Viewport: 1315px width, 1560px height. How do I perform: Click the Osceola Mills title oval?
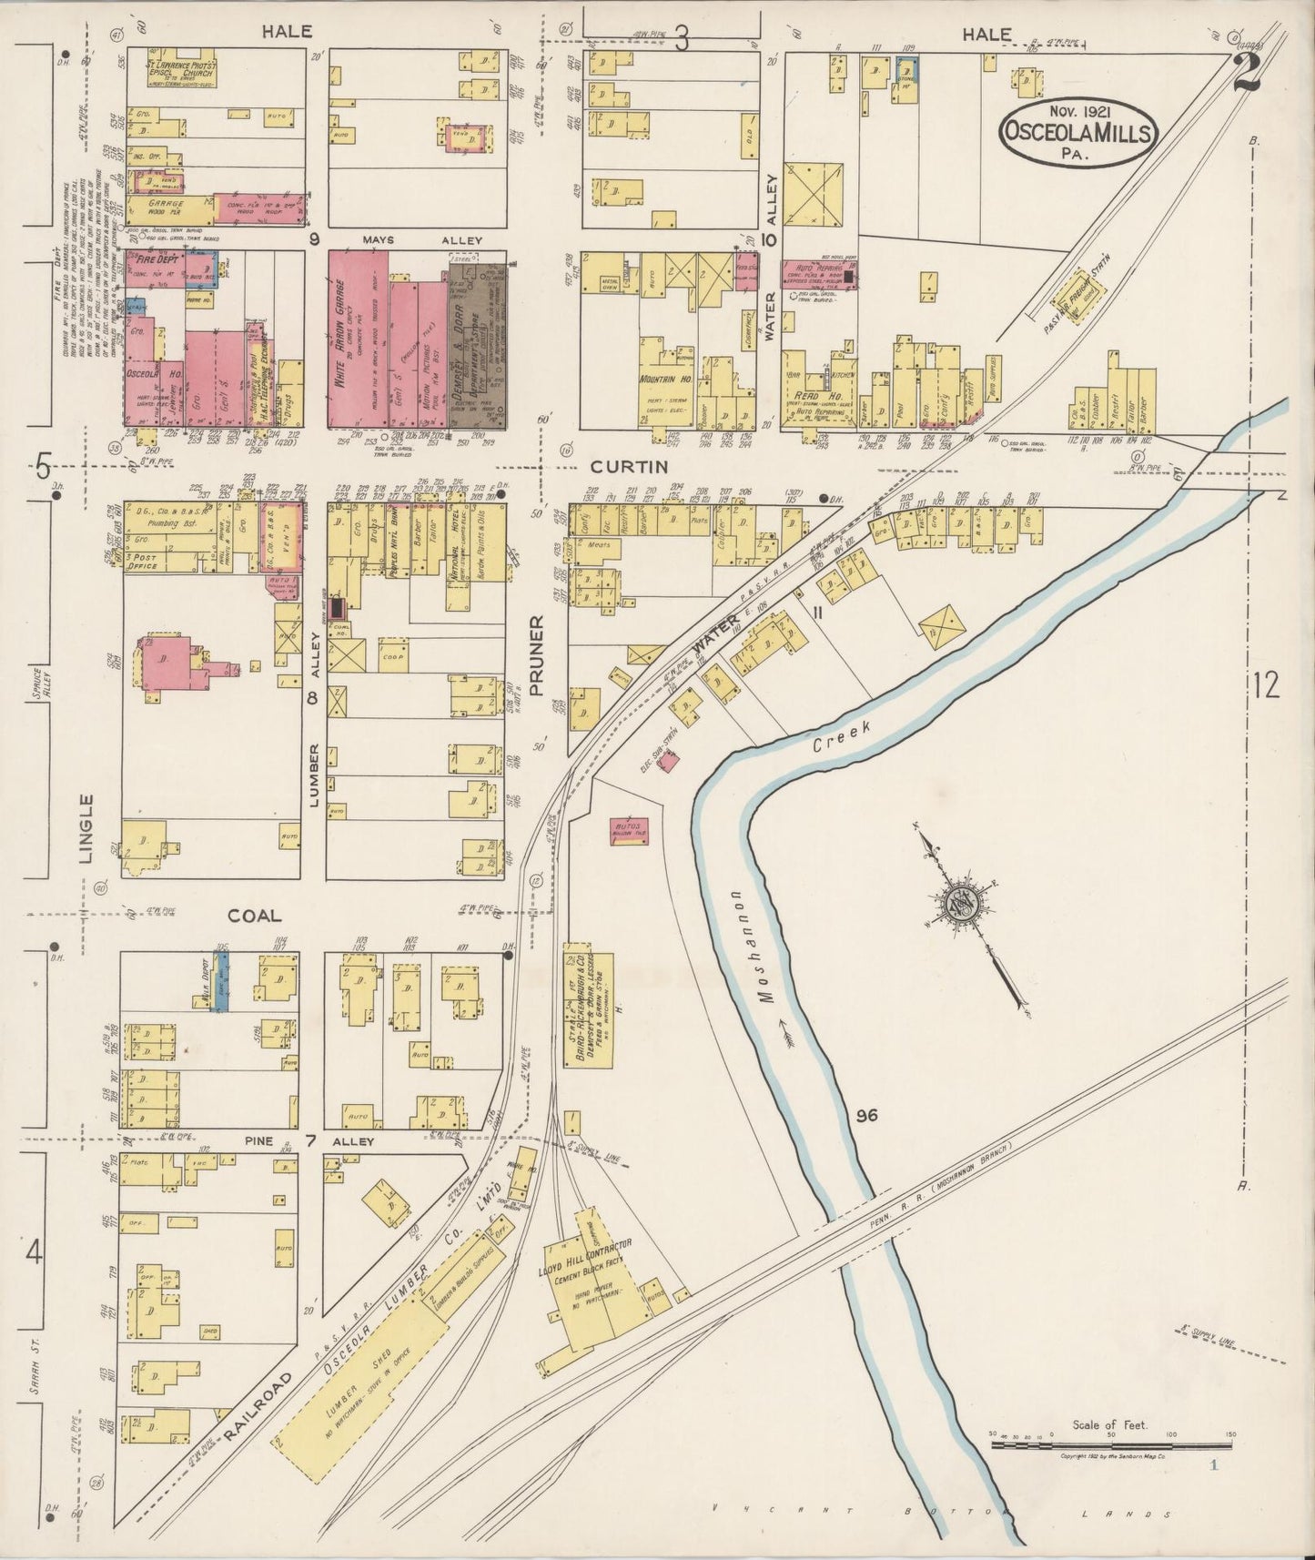(x=1078, y=133)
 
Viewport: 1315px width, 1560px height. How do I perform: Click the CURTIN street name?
(x=629, y=467)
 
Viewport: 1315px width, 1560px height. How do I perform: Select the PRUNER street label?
(x=536, y=655)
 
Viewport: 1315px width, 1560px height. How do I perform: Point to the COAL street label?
(x=254, y=917)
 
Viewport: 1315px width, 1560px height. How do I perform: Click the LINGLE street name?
(x=86, y=828)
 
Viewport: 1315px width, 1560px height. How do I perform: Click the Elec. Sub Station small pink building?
(x=668, y=763)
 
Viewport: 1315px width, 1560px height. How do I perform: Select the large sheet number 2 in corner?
(x=1246, y=71)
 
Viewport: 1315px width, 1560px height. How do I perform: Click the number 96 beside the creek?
(x=866, y=1115)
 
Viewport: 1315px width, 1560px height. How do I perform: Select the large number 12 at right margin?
(x=1266, y=684)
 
